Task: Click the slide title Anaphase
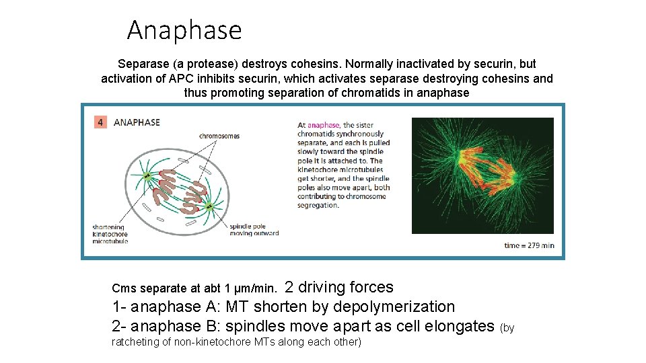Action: [184, 30]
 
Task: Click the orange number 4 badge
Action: [100, 122]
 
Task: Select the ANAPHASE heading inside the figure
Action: [137, 122]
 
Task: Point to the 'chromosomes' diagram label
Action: [219, 136]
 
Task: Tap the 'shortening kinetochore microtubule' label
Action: [110, 234]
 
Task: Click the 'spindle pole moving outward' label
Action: [254, 230]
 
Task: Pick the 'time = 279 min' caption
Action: [529, 245]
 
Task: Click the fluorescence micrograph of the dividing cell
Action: [482, 175]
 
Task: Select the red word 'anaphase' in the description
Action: [323, 125]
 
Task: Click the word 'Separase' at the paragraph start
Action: [142, 64]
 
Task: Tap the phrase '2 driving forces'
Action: [339, 287]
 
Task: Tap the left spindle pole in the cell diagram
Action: [147, 176]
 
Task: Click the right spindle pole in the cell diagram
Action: [209, 206]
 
